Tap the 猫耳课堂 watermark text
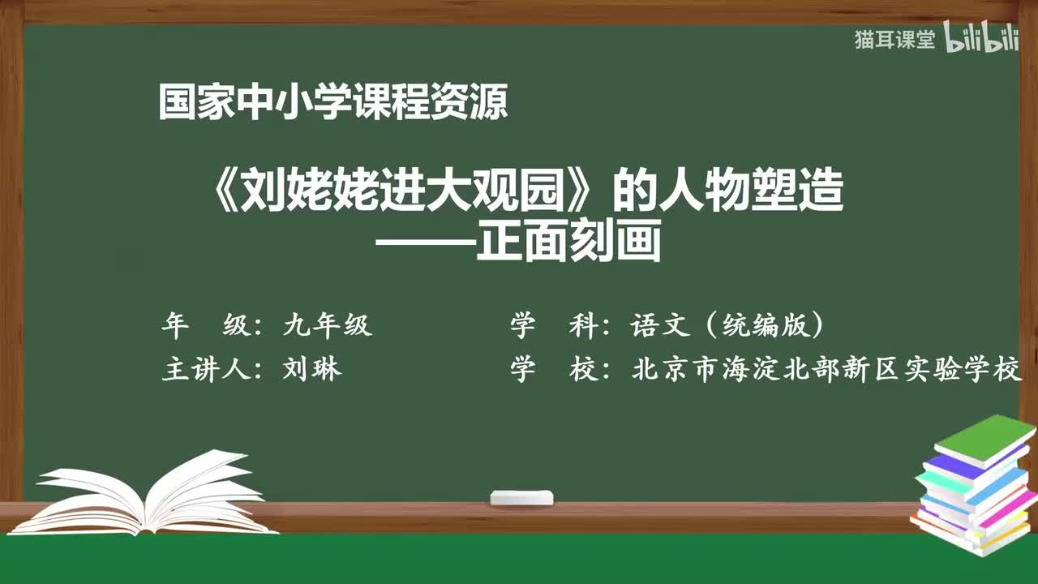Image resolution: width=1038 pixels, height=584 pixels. point(894,40)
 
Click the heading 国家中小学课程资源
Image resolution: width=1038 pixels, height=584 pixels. point(333,103)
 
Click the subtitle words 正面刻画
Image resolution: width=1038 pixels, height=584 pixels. point(568,242)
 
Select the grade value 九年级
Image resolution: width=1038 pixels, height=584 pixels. point(327,325)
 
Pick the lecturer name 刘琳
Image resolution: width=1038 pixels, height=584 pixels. point(312,370)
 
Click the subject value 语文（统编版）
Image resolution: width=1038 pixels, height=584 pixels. point(727,325)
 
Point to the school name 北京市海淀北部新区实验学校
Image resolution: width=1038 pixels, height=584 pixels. point(826,370)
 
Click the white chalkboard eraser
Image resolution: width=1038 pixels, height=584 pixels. point(521,497)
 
